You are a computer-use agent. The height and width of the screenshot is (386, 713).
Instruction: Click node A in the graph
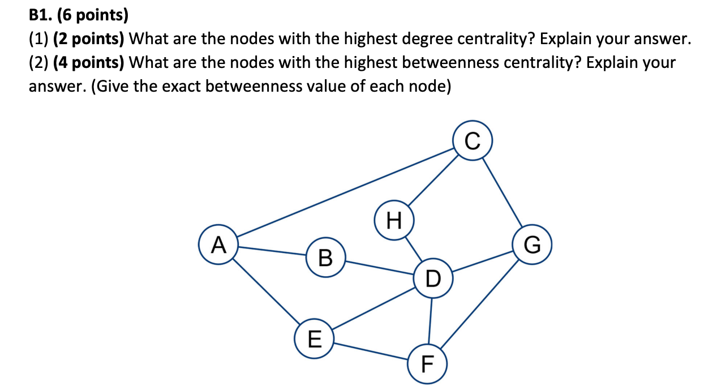218,246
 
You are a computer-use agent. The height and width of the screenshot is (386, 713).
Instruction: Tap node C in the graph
474,140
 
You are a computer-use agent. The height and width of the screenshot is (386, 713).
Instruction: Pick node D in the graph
432,278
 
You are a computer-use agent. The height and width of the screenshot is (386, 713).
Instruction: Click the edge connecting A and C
345,192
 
